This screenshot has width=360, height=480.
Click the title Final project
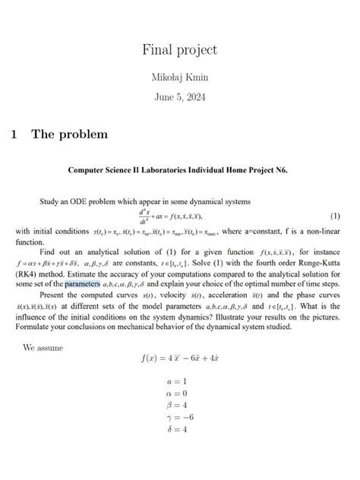click(179, 50)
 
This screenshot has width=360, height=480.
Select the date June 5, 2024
click(179, 97)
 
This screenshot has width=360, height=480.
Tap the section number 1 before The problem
click(14, 134)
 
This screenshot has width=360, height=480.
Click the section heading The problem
click(69, 134)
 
